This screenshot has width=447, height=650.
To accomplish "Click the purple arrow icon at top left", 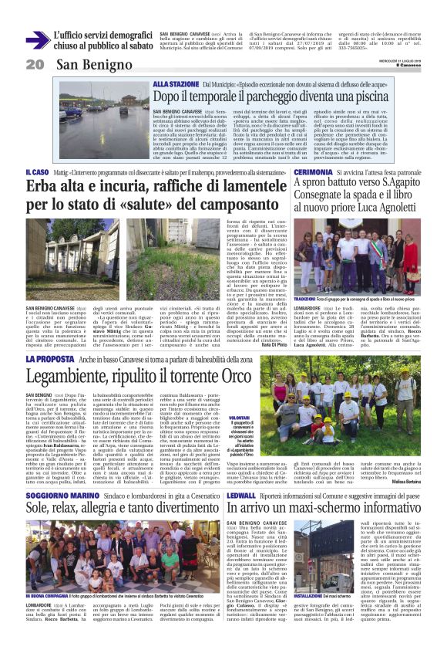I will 35,40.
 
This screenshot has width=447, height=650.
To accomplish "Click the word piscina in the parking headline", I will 342,96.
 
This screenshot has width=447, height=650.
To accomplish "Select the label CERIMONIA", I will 312,172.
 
